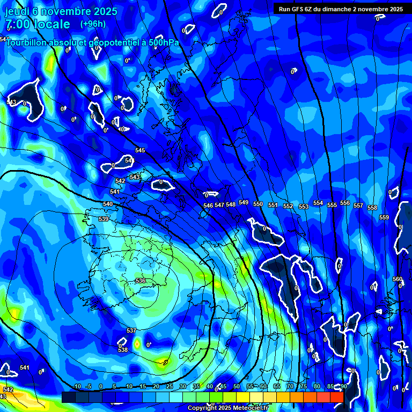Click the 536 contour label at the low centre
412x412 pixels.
coord(141,281)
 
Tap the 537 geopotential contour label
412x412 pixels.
coord(131,330)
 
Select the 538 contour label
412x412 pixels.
coord(123,350)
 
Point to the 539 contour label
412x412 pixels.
coord(104,219)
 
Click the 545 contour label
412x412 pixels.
coord(140,150)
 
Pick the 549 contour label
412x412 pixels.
coord(244,202)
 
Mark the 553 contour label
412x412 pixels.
coord(304,207)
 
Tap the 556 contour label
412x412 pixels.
coord(345,203)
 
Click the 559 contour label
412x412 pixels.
coord(384,217)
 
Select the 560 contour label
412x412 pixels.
coord(397,279)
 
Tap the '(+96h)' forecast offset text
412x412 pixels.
coord(93,24)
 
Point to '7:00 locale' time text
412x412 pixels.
coord(38,24)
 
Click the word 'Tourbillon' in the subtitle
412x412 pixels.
coord(26,42)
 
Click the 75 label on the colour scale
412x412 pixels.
coord(304,386)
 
